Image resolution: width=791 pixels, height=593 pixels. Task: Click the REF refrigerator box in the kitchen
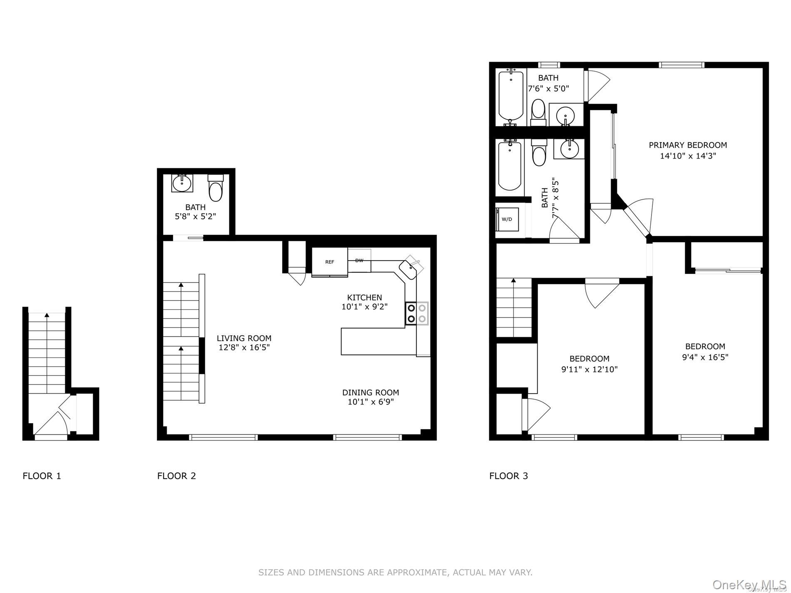coord(330,262)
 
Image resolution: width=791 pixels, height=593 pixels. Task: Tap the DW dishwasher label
coord(359,261)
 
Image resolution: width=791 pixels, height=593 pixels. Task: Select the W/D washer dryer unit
coord(507,219)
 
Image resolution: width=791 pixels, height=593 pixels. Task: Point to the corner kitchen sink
coord(410,269)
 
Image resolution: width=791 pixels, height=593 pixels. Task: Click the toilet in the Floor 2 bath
coord(216,189)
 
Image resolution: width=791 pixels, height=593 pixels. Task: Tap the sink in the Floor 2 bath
coord(182,183)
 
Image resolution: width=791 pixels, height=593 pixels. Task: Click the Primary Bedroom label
coord(688,145)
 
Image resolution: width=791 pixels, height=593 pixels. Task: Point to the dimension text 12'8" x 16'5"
coord(244,347)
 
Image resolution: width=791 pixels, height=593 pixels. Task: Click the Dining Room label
coord(371,392)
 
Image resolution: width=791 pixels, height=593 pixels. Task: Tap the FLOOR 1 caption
coord(42,476)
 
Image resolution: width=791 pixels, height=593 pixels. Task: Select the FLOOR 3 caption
coord(508,476)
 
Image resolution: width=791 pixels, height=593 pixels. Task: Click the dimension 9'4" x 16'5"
coord(705,357)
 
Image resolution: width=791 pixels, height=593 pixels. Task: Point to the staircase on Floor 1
coord(47,354)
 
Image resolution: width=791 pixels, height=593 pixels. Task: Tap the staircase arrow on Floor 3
coord(514,282)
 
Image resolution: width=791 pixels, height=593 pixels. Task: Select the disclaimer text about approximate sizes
coord(395,573)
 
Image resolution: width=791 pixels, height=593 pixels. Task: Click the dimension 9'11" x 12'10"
coord(589,369)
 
